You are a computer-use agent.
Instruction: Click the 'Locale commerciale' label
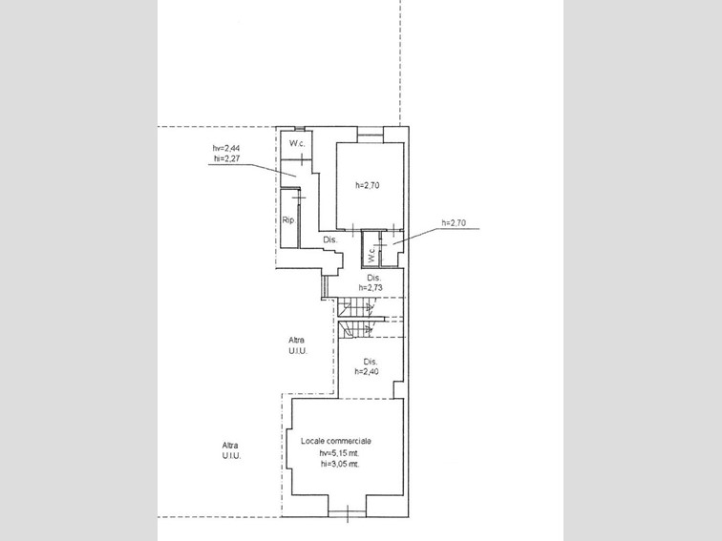coord(336,441)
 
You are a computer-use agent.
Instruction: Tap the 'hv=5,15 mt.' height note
coord(340,453)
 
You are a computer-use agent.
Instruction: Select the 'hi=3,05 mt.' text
coord(340,464)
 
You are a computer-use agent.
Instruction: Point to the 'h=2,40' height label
coord(367,372)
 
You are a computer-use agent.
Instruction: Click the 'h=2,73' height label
coord(371,288)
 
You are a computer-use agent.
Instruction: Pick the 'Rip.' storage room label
coord(288,220)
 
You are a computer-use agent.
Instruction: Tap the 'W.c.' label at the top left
coord(297,143)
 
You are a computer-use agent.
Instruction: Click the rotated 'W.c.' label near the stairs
coord(372,255)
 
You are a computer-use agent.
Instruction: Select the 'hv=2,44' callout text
coord(226,148)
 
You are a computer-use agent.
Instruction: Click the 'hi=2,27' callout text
coord(227,158)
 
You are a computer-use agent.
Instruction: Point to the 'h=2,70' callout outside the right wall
coord(454,223)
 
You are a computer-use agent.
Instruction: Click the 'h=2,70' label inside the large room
coord(368,185)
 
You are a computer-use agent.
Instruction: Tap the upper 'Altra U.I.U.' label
coord(297,345)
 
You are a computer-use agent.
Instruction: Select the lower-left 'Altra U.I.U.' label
coord(231,450)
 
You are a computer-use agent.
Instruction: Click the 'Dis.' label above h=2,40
coord(371,361)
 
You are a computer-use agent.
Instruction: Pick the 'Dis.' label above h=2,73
coord(374,278)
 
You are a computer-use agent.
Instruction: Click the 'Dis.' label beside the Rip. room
coord(330,239)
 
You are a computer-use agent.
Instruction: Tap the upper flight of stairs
coord(357,307)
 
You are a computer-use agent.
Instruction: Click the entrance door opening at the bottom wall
coord(348,513)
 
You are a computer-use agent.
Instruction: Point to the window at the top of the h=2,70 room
coord(371,131)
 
